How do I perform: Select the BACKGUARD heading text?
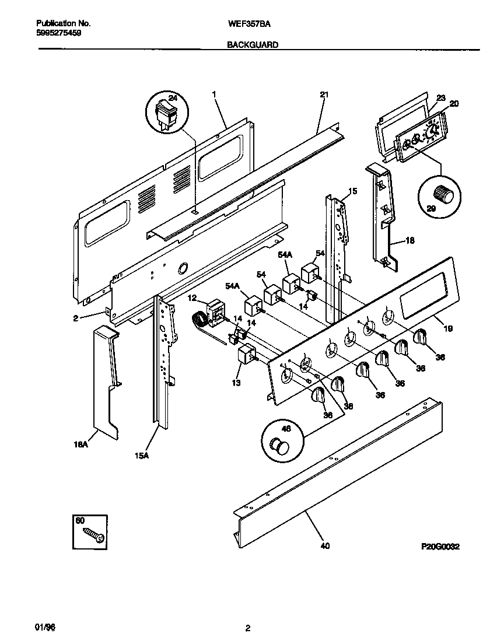pos(253,44)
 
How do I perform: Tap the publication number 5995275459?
pos(59,33)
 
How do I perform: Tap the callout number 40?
pos(325,546)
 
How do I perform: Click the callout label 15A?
pos(142,456)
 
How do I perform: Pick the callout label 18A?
pos(81,444)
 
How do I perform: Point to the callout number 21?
pos(324,94)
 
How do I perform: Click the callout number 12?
pos(192,298)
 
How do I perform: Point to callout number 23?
pos(440,98)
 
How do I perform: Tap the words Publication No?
pos(64,24)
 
